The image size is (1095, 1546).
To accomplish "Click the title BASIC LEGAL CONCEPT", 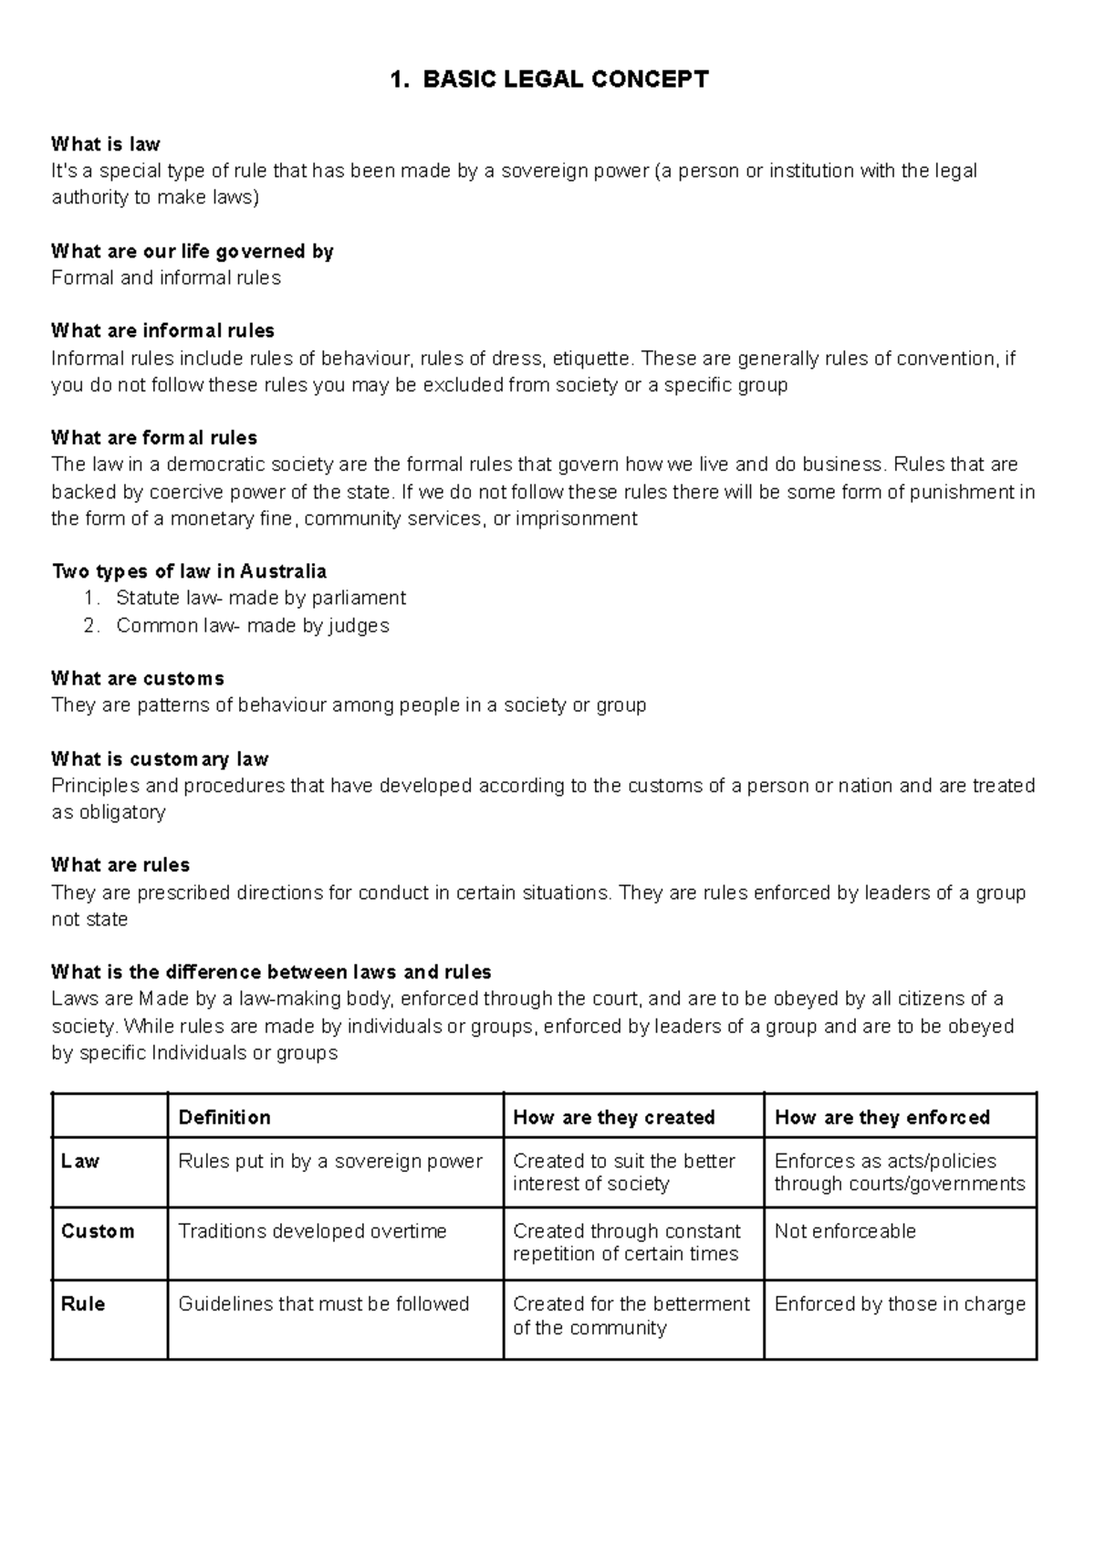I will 548,79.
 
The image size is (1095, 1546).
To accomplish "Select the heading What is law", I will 106,144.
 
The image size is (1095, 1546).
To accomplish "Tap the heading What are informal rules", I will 162,330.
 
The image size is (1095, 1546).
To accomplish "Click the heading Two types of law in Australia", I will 189,571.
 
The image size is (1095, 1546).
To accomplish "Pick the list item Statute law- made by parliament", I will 260,598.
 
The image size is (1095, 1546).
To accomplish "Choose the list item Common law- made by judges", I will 252,625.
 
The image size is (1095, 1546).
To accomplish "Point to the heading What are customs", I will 138,678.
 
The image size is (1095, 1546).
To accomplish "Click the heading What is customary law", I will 160,759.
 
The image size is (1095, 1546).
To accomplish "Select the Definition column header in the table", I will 224,1117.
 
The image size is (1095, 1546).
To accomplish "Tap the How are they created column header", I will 613,1117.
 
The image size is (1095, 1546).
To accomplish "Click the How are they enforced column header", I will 881,1117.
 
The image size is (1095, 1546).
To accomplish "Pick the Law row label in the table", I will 80,1161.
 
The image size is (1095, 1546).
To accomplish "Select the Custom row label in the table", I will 98,1231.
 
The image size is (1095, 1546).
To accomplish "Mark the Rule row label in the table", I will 83,1304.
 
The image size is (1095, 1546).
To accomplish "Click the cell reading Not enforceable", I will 844,1231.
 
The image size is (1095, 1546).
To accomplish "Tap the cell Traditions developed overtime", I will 312,1231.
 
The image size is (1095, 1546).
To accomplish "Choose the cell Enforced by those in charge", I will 899,1304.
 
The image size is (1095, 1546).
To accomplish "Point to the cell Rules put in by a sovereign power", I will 329,1161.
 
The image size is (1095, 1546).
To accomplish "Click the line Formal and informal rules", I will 166,277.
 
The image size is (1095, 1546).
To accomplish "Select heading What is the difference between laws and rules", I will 271,972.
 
